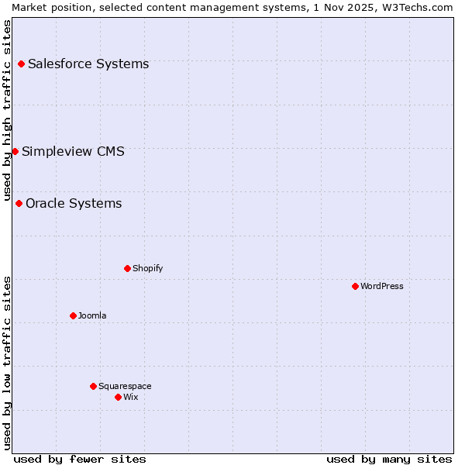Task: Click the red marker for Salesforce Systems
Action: [x=21, y=64]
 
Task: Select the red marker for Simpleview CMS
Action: [x=15, y=151]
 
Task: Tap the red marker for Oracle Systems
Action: [x=19, y=203]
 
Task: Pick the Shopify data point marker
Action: [x=127, y=268]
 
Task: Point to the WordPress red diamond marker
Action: [x=355, y=286]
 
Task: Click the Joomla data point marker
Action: [x=73, y=315]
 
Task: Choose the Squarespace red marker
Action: [x=93, y=386]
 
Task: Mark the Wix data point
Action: [x=118, y=397]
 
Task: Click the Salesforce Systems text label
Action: [x=88, y=64]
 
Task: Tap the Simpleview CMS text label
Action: [x=73, y=151]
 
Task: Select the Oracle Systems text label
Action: [x=74, y=203]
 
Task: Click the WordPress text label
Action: [x=382, y=286]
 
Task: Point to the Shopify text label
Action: [x=147, y=268]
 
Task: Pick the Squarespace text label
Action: [x=125, y=386]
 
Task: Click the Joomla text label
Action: [x=92, y=315]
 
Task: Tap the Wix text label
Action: [x=130, y=397]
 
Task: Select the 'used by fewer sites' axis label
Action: [x=80, y=459]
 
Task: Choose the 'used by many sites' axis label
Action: [x=389, y=459]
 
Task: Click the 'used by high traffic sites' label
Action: [x=7, y=109]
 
